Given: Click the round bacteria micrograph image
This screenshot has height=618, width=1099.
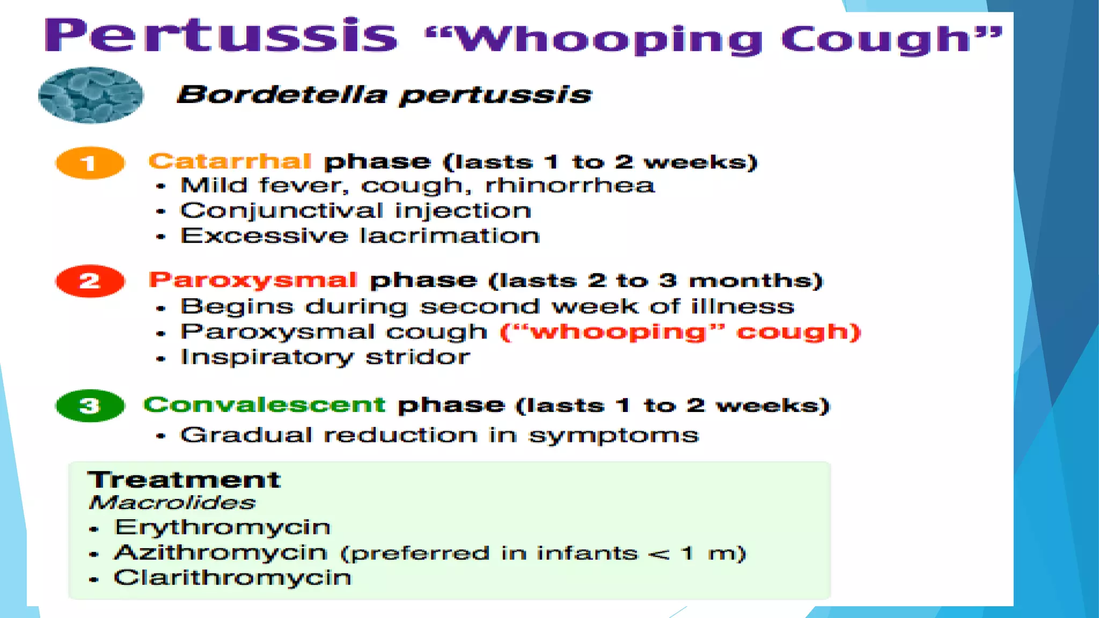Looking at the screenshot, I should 91,95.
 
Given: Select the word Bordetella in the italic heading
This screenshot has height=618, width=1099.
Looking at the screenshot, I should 282,95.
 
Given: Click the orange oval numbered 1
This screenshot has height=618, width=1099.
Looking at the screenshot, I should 90,163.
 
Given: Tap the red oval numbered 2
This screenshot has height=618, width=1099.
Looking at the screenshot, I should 90,281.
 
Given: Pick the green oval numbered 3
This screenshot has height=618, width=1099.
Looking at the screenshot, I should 90,406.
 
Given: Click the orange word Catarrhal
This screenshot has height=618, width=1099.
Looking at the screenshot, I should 230,161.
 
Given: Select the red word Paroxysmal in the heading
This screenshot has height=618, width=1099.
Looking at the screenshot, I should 253,280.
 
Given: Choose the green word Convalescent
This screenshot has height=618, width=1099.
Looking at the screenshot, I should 264,404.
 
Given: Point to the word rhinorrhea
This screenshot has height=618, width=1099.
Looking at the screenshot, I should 570,186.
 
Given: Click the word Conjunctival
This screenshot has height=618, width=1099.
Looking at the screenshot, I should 282,211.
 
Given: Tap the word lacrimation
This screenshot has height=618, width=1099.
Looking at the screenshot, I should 450,236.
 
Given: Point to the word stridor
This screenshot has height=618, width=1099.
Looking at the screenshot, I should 417,357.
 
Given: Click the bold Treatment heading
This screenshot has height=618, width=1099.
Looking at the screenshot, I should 184,480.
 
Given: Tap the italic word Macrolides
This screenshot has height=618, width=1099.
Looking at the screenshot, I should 172,503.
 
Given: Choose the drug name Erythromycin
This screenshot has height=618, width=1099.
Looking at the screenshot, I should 222,528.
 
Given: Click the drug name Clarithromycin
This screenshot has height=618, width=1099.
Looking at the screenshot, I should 232,578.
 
